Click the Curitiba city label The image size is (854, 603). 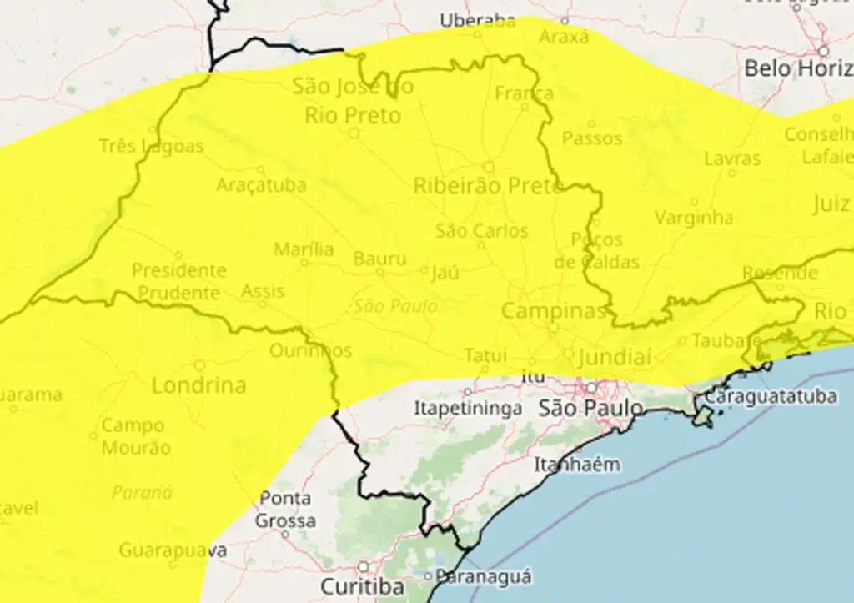pos(363,586)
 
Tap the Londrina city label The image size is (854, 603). pos(199,385)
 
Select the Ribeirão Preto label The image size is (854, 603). pos(489,186)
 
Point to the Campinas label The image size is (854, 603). pos(554,312)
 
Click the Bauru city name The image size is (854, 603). pos(379,259)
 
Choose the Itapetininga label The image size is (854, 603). pos(468,409)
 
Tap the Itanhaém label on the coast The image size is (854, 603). pos(577,465)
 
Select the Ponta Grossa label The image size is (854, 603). pos(285,510)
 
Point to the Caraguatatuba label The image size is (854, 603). pos(771,396)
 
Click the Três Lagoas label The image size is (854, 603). pos(151,146)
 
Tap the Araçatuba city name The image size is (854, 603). pos(261,185)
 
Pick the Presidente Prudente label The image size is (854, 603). pos(178,281)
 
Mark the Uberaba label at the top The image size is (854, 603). pos(479,20)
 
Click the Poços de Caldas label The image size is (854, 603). pos(596,250)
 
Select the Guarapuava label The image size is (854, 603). pos(173,550)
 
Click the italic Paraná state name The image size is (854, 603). pos(142,492)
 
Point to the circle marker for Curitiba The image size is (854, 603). pos(363,567)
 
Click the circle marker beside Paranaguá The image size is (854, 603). pos(428,575)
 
